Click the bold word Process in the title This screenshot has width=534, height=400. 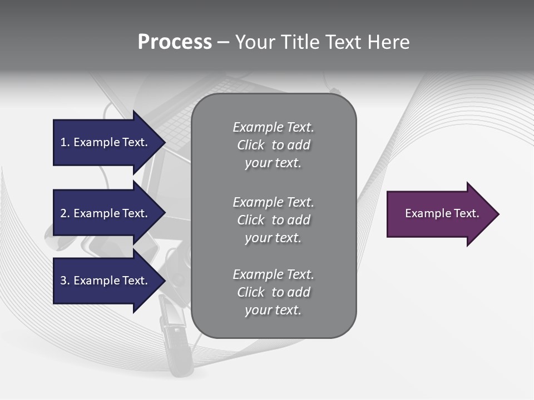(175, 42)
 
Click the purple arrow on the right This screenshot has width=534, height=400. (439, 214)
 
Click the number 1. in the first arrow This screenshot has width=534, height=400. (65, 142)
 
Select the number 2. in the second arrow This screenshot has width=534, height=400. (65, 213)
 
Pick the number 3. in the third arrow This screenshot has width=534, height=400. (65, 281)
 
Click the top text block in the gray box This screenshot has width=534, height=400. (273, 145)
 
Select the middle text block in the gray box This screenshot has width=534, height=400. (273, 220)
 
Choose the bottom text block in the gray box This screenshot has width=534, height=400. (273, 292)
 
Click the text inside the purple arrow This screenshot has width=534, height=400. (442, 213)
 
